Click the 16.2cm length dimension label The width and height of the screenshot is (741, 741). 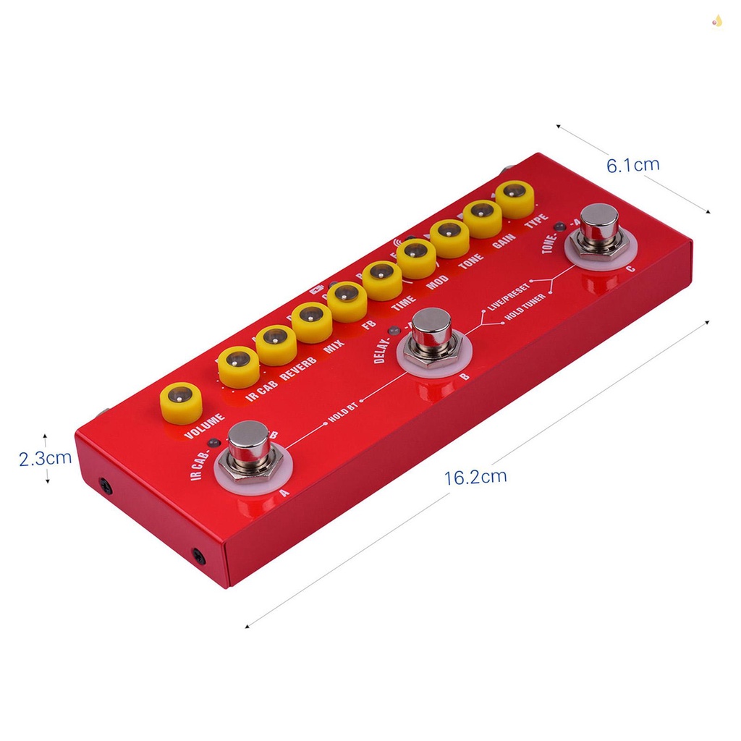pyautogui.click(x=475, y=478)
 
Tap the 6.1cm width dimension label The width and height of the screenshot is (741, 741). pyautogui.click(x=632, y=165)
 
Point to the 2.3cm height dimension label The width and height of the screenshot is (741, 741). pyautogui.click(x=45, y=458)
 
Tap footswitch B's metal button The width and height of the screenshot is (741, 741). pyautogui.click(x=433, y=329)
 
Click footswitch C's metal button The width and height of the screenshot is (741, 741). pyautogui.click(x=600, y=223)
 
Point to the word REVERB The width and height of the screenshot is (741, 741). pyautogui.click(x=299, y=363)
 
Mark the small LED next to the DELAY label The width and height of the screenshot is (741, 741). pyautogui.click(x=394, y=331)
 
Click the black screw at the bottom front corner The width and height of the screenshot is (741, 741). pyautogui.click(x=197, y=556)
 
